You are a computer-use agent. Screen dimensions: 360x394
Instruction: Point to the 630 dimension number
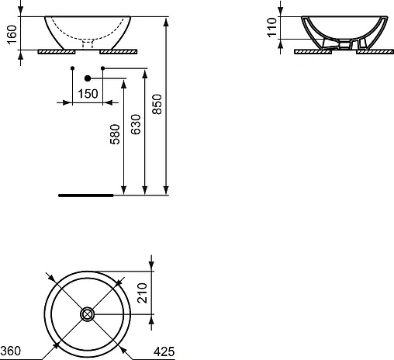137,123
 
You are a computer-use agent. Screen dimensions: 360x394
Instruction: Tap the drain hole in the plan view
88,314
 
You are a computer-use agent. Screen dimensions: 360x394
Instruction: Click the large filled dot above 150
88,78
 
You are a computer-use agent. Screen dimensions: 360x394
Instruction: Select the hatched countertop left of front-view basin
53,50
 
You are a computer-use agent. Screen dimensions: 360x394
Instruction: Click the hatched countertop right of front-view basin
123,50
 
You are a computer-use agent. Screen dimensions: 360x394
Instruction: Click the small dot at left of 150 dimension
72,70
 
